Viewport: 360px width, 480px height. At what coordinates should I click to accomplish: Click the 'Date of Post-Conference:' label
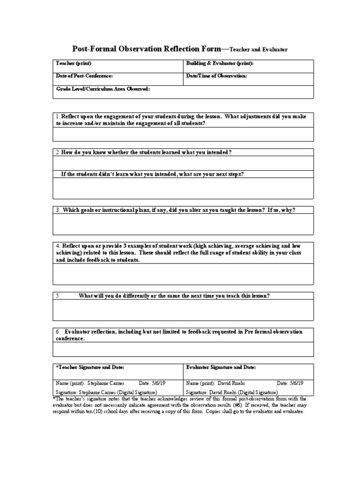point(84,75)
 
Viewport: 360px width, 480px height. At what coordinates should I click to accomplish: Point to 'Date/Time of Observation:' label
point(216,75)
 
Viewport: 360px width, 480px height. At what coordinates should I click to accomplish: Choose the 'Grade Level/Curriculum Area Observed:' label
point(103,89)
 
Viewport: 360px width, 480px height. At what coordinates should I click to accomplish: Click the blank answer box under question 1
point(183,135)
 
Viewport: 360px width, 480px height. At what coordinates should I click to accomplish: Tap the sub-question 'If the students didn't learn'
point(152,174)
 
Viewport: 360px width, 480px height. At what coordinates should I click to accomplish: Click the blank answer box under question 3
point(183,225)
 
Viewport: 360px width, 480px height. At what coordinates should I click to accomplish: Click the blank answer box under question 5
point(183,310)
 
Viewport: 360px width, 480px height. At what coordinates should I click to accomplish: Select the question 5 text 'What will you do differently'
point(174,296)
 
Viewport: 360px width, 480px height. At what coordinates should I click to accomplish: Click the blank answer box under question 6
point(183,349)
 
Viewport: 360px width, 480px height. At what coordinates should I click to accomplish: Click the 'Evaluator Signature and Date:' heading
point(221,367)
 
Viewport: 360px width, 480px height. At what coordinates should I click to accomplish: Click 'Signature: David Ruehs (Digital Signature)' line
point(232,392)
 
